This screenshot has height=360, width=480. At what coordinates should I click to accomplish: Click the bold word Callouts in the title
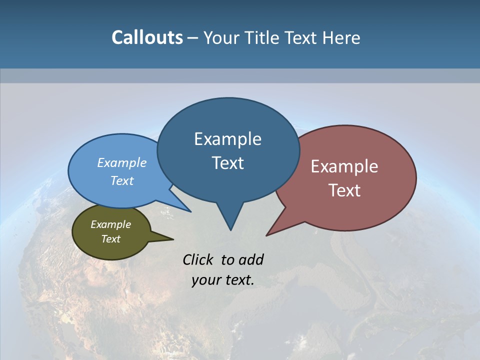[147, 37]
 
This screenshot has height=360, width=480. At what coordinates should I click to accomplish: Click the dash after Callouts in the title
[193, 38]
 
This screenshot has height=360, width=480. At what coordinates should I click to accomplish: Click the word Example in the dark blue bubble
[227, 139]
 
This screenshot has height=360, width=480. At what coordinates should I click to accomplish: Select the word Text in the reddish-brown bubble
[345, 190]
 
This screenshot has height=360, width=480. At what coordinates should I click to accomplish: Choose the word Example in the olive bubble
[110, 224]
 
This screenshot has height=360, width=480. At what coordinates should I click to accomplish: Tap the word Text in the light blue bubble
[122, 180]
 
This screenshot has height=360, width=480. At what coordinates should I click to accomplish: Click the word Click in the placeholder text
[198, 259]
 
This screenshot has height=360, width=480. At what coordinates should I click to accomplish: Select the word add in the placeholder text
[251, 259]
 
